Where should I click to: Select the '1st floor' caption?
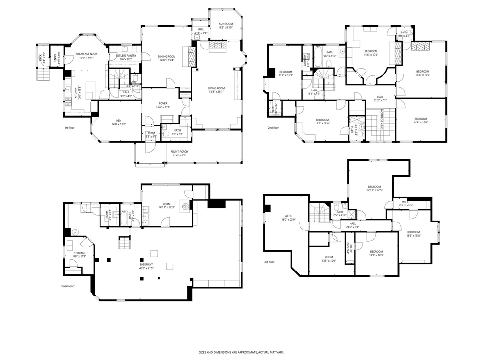(70, 128)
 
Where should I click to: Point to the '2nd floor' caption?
(273, 128)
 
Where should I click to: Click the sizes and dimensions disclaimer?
(241, 352)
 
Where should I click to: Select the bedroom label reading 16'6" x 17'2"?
(371, 53)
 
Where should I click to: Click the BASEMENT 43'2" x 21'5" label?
(146, 266)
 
